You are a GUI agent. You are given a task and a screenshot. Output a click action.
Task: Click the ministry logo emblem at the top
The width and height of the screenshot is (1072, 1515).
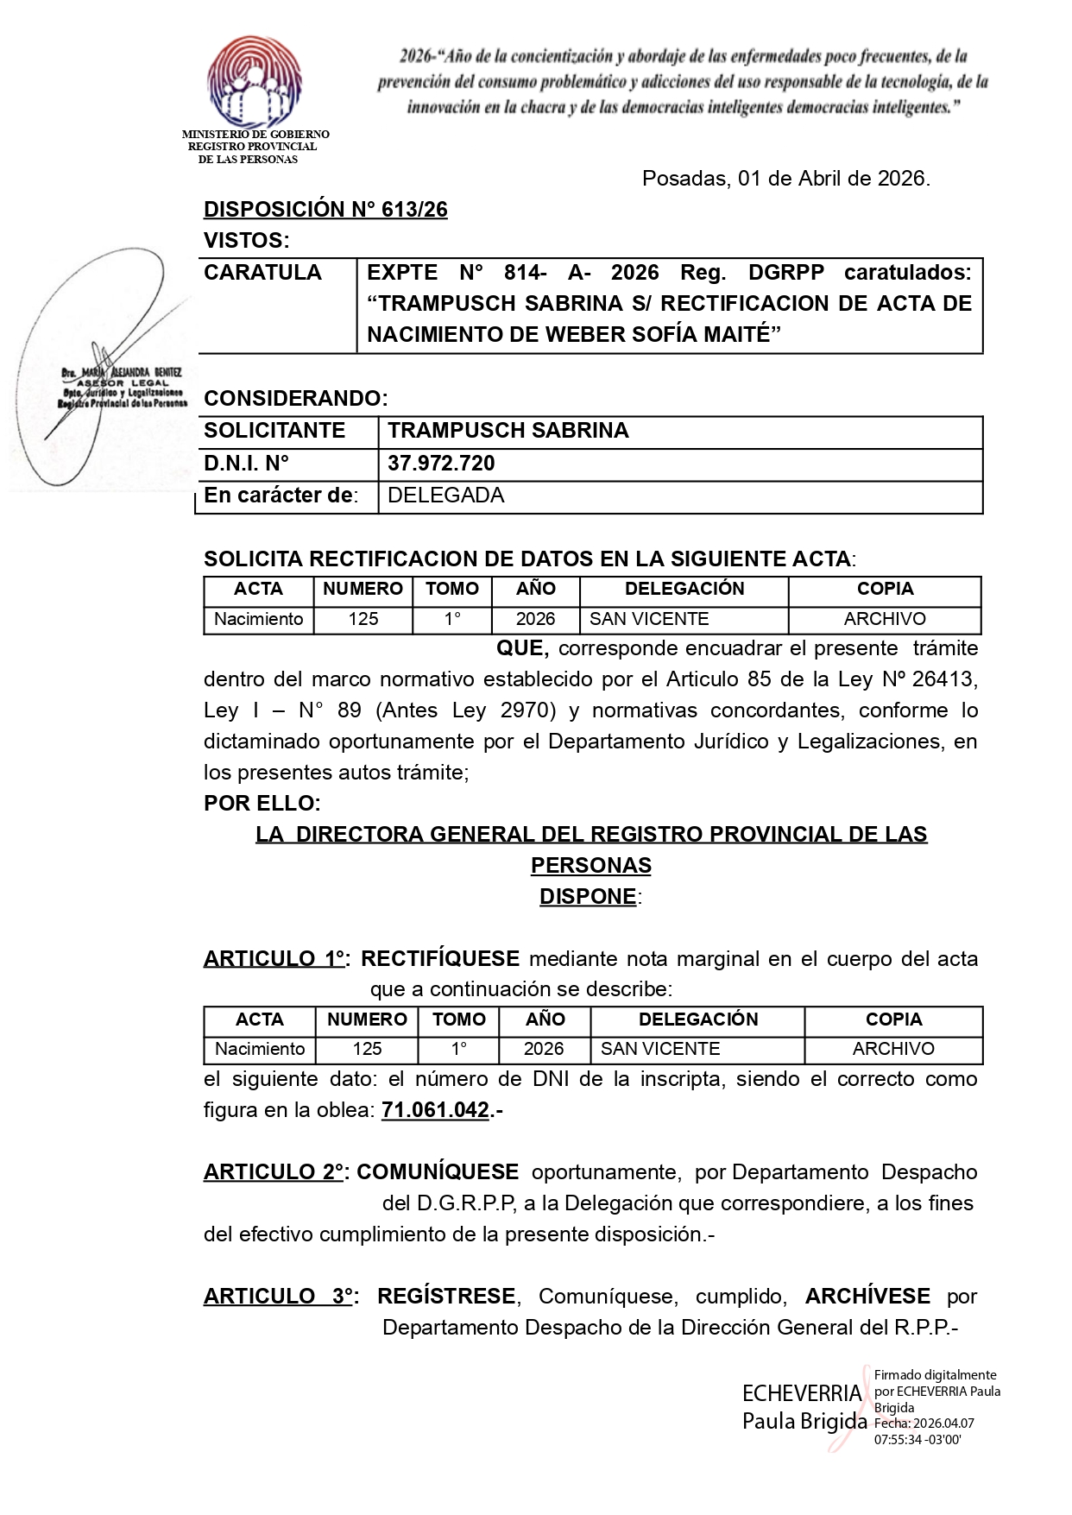click(x=254, y=82)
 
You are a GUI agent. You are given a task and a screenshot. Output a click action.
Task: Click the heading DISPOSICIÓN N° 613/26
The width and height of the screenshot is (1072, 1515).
click(x=325, y=210)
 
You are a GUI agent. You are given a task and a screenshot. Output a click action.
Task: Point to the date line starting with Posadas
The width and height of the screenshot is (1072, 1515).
click(x=785, y=179)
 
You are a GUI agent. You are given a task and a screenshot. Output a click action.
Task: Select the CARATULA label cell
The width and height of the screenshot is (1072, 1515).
click(x=262, y=273)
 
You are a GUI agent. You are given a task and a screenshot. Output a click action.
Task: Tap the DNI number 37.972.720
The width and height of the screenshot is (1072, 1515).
click(x=441, y=464)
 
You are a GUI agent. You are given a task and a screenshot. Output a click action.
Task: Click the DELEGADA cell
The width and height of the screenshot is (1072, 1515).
click(x=445, y=496)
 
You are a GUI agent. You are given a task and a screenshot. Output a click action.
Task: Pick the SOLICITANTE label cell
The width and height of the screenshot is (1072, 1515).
click(x=274, y=431)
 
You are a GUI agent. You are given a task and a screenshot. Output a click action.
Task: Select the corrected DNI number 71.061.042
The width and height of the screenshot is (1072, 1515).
click(x=435, y=1110)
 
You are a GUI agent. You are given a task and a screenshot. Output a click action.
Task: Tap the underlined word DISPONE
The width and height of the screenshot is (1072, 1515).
click(x=588, y=897)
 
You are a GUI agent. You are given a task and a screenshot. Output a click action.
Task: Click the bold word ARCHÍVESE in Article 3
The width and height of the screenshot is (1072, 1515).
click(x=867, y=1297)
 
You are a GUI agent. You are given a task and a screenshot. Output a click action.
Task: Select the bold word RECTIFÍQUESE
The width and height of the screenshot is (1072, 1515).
click(x=440, y=959)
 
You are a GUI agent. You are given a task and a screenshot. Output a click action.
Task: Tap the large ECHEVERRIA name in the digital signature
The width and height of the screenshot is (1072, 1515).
click(x=802, y=1394)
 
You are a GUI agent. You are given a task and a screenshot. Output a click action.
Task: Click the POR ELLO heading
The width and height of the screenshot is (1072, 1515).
click(x=262, y=804)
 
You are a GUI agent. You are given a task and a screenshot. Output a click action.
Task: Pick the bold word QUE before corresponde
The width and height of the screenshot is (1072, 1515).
click(x=521, y=648)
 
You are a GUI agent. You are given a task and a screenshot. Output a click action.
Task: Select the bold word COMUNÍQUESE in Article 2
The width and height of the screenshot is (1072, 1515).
click(x=438, y=1172)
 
